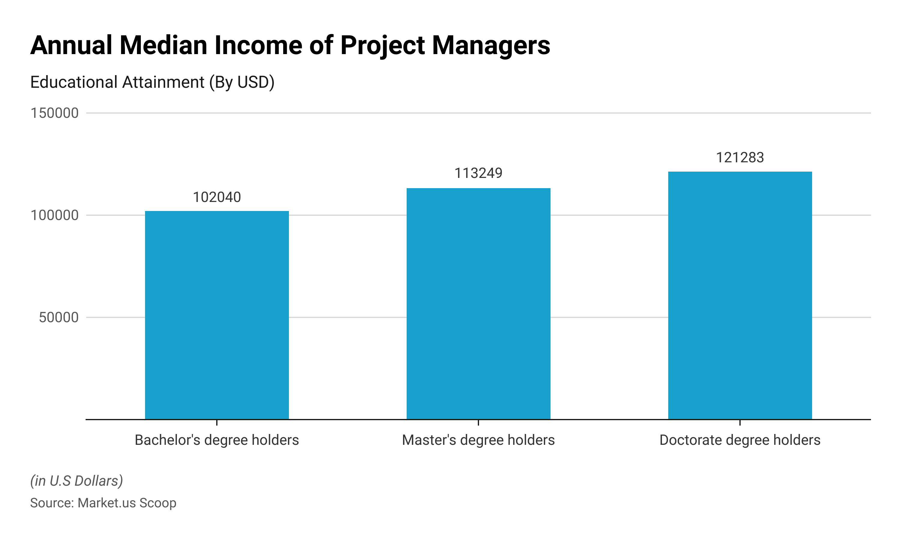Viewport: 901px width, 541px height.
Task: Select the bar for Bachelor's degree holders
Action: point(217,315)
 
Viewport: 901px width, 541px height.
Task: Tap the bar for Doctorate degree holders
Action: point(740,295)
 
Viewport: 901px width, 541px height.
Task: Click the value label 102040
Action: point(217,197)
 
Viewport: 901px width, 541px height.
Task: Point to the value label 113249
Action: point(478,173)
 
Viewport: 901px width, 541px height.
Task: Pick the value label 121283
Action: point(740,157)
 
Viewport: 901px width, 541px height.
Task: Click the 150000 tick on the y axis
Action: point(54,113)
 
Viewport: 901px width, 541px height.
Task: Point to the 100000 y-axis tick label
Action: point(54,215)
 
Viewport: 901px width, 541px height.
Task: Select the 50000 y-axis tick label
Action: point(59,317)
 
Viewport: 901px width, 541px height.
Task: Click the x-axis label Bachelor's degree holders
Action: point(217,440)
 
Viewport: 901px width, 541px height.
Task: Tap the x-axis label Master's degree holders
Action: point(478,440)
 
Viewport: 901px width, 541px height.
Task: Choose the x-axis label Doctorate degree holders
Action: point(740,440)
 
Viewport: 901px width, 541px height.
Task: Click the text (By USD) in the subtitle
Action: point(241,82)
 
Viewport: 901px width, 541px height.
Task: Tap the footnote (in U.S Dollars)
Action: point(77,481)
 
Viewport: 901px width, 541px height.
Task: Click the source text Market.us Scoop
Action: point(127,503)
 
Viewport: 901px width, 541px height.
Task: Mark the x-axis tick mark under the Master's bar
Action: point(478,423)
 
